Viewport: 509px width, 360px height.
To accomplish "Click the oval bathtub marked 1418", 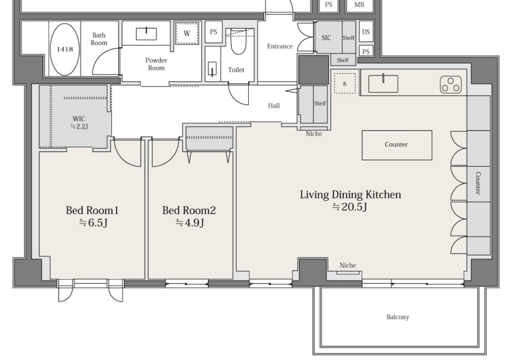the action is (x=65, y=50).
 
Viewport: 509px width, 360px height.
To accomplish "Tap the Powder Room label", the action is (x=156, y=64).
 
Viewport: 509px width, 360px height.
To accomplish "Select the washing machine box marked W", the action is (x=186, y=33).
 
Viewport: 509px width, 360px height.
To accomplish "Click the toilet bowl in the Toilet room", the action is (x=239, y=41).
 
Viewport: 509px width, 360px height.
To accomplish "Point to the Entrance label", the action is (x=280, y=46).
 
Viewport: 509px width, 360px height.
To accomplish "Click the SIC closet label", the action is (x=326, y=38).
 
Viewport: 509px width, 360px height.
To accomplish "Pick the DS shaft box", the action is (x=366, y=32).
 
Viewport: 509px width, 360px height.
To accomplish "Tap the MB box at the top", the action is (x=359, y=5).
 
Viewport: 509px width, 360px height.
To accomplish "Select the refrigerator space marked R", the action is (x=345, y=83).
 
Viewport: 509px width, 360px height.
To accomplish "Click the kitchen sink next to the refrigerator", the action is (x=383, y=83).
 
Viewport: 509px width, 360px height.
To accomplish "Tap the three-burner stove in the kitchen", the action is (x=450, y=85).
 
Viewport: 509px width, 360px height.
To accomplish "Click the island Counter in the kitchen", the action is (x=397, y=145).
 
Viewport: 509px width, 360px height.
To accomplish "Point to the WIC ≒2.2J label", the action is (x=79, y=123).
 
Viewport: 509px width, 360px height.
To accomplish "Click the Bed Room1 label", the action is (x=92, y=211).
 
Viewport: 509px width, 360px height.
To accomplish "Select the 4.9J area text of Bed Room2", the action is (x=190, y=223).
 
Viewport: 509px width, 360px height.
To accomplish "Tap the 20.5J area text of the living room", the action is (x=349, y=207).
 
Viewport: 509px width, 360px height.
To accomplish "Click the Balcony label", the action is (x=398, y=317).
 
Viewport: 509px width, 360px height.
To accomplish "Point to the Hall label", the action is (x=274, y=106).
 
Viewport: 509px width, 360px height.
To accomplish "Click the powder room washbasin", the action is (x=146, y=34).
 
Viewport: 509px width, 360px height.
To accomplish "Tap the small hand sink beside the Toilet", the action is (x=212, y=69).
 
